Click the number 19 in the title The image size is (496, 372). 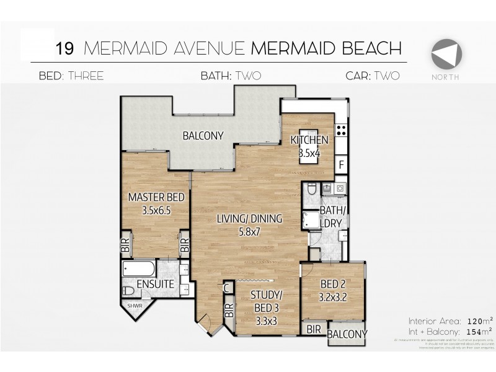65,48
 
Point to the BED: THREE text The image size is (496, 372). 71,76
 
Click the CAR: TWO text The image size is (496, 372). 373,76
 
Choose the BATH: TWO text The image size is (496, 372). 230,76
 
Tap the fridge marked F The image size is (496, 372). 340,166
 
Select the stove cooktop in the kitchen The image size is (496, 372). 340,130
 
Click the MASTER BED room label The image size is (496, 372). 156,203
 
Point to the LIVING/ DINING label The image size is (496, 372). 249,224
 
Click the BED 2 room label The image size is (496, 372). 333,290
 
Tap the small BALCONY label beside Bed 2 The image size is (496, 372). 347,334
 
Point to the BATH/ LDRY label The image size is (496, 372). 334,218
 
